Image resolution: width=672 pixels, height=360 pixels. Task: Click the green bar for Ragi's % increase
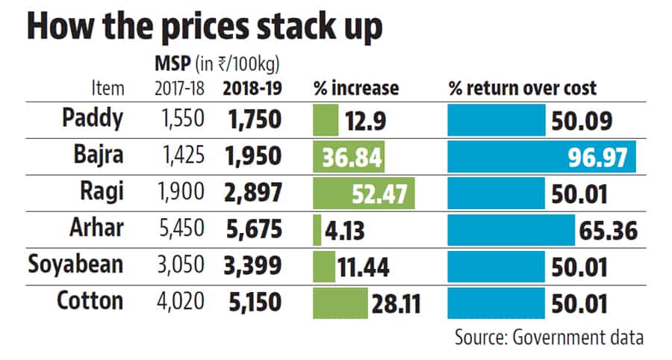pyautogui.click(x=364, y=193)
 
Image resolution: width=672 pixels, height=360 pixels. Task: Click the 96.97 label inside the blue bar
pyautogui.click(x=603, y=158)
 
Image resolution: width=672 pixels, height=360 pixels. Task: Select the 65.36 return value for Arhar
pyautogui.click(x=609, y=230)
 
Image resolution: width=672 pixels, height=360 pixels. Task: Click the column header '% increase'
pyautogui.click(x=355, y=88)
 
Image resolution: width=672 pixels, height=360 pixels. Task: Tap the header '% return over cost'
pyautogui.click(x=522, y=88)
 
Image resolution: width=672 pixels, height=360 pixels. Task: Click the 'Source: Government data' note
pyautogui.click(x=548, y=338)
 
